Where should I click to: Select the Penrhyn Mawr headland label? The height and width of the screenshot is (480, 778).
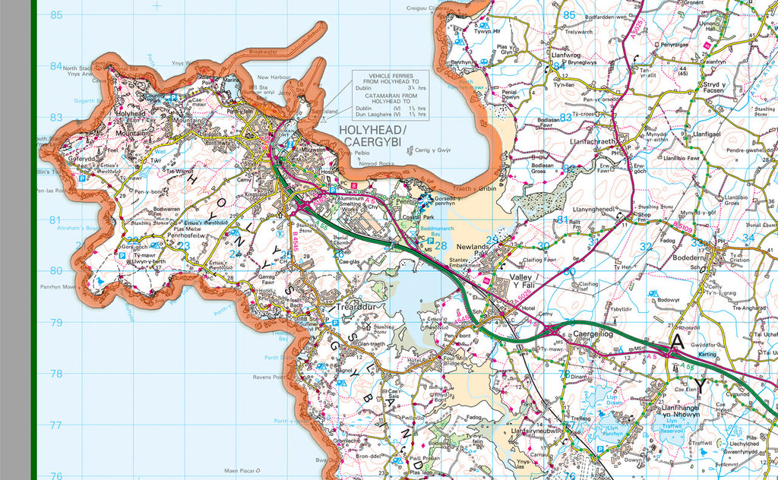click(x=59, y=287)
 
